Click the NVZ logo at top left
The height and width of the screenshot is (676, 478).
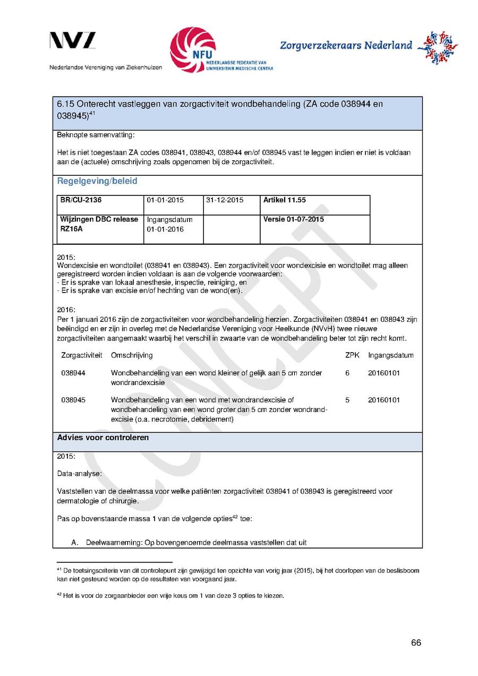[x=73, y=40]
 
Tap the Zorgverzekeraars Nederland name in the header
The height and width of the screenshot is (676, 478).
[x=346, y=46]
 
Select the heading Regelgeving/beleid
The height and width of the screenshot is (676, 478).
[x=97, y=181]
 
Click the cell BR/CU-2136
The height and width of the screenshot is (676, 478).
[x=81, y=200]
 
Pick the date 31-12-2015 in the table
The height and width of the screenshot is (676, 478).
[x=224, y=200]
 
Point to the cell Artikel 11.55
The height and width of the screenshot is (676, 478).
[x=285, y=200]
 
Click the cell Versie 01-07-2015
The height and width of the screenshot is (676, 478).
[x=293, y=219]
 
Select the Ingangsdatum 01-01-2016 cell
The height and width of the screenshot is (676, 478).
[x=169, y=224]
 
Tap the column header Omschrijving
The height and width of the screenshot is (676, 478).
[x=132, y=355]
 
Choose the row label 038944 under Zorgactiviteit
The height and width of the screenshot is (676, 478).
[x=73, y=373]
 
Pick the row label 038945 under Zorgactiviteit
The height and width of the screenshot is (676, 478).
[x=73, y=400]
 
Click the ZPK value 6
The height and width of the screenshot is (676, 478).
[x=347, y=373]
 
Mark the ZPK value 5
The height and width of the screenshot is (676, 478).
[x=347, y=400]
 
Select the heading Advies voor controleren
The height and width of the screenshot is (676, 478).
[x=103, y=438]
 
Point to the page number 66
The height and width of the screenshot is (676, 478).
[x=416, y=643]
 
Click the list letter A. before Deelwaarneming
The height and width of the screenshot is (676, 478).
[x=75, y=543]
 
